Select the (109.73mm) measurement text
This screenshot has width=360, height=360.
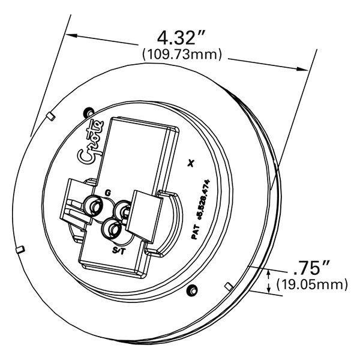coord(182,55)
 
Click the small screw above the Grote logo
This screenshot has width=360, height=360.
coord(89,110)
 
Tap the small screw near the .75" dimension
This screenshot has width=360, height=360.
coord(193,290)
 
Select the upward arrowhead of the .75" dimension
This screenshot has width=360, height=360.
coord(268,274)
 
